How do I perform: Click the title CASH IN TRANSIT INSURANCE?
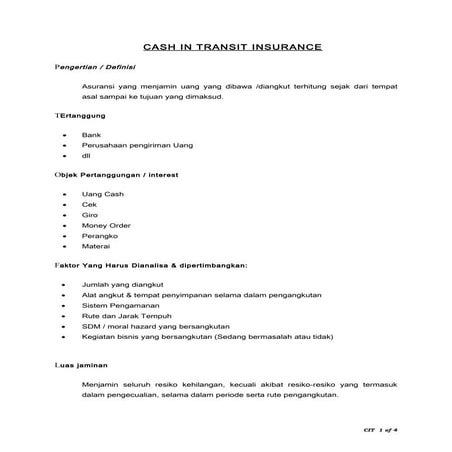pos(226,46)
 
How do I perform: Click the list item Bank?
pos(92,133)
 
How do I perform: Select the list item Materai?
pos(96,249)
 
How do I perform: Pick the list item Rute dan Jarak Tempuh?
pos(123,320)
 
